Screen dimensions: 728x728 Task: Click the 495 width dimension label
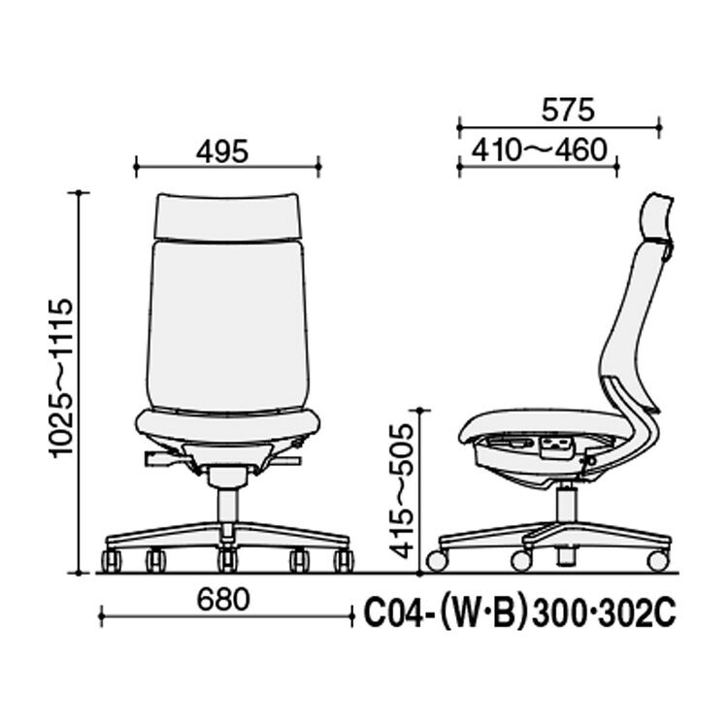click(x=222, y=151)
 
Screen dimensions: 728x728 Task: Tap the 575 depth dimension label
click(x=568, y=110)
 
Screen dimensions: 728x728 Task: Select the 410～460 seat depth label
click(x=540, y=149)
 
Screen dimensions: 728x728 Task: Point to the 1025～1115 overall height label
click(x=60, y=378)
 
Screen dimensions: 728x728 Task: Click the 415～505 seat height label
click(x=401, y=491)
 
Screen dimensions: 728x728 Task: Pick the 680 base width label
click(x=223, y=600)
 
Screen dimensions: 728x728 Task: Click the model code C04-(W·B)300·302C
click(x=519, y=614)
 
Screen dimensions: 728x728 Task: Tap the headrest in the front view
click(x=227, y=216)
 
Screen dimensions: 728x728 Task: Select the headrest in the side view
click(x=656, y=221)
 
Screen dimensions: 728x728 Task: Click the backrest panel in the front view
click(x=227, y=325)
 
